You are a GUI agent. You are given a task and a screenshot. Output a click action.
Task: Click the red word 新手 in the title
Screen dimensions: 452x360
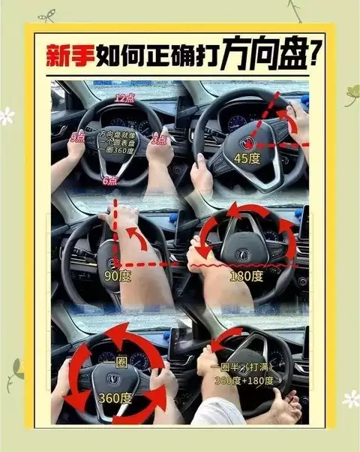click(64, 54)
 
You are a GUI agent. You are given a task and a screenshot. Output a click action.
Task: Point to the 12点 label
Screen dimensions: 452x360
click(124, 98)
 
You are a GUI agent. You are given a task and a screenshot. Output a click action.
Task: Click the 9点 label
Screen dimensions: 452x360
click(77, 137)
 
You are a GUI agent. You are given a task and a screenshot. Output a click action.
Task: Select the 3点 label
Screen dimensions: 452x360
click(159, 140)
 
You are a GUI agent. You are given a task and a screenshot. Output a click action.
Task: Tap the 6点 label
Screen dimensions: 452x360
click(109, 181)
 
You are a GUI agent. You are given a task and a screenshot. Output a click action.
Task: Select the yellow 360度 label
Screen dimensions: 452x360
click(113, 397)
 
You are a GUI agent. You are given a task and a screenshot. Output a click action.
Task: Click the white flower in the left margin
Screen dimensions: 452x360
click(7, 116)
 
